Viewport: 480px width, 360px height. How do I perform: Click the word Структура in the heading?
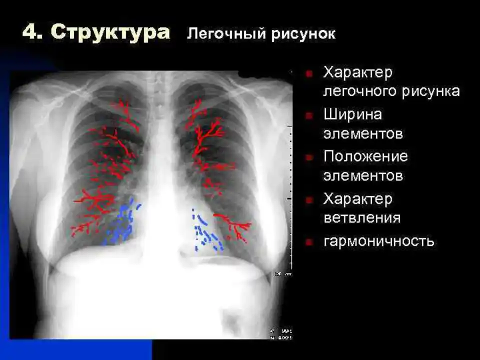tap(110, 32)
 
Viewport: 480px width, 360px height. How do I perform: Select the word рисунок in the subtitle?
tap(303, 34)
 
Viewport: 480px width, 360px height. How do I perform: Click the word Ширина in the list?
tap(353, 115)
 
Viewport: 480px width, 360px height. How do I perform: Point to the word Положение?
tap(365, 156)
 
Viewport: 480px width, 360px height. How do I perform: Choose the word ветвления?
tap(362, 218)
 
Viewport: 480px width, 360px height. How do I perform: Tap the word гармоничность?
tap(379, 241)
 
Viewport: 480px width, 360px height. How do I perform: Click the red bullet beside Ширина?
tap(309, 115)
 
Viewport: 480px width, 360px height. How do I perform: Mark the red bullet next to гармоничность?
tap(309, 242)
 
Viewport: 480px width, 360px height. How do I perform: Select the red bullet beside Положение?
tap(309, 157)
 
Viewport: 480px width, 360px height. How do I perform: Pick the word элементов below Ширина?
tap(363, 134)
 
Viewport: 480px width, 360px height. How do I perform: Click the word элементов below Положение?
tap(363, 176)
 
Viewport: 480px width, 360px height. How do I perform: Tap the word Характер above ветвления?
tap(358, 199)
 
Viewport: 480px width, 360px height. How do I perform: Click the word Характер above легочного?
tap(358, 73)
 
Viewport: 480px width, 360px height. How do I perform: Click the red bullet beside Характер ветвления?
tap(309, 200)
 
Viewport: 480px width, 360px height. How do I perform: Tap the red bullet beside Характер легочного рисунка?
tap(309, 73)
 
